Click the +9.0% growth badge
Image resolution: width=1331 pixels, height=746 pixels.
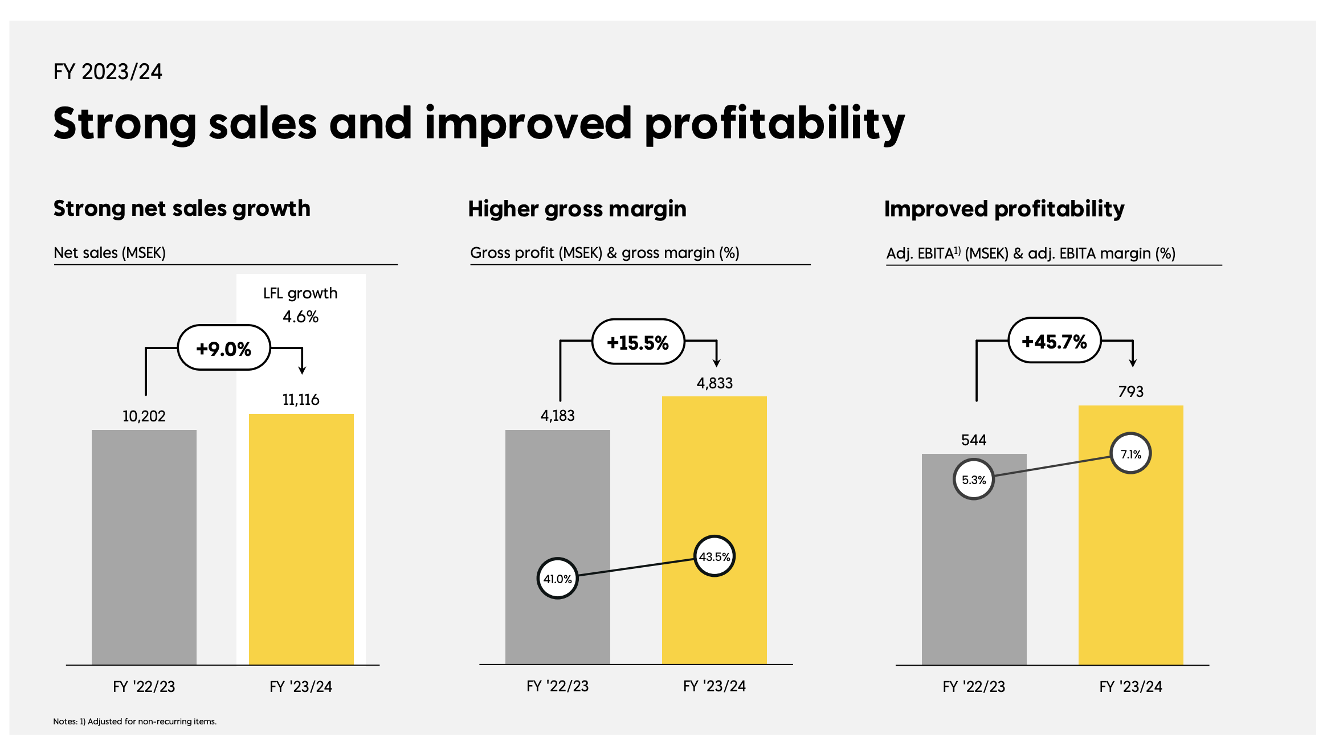pyautogui.click(x=224, y=348)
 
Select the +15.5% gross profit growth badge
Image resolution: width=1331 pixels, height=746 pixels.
pyautogui.click(x=638, y=342)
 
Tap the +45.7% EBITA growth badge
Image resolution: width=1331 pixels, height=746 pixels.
pyautogui.click(x=1054, y=341)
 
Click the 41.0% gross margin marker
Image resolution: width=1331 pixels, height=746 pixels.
pyautogui.click(x=557, y=579)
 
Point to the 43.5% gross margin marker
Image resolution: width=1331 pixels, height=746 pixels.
pyautogui.click(x=715, y=556)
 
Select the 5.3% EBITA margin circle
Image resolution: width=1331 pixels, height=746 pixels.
pyautogui.click(x=974, y=479)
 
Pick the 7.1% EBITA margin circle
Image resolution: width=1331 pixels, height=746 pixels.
pyautogui.click(x=1131, y=454)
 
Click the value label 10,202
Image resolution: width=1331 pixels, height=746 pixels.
pyautogui.click(x=144, y=416)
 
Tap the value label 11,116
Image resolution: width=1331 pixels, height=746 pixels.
pyautogui.click(x=301, y=400)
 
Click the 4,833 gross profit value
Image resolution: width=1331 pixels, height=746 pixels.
pyautogui.click(x=715, y=383)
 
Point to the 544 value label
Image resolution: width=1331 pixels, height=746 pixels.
pyautogui.click(x=974, y=440)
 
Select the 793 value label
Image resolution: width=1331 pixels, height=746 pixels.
pyautogui.click(x=1131, y=392)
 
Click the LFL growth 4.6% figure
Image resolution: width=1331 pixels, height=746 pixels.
pyautogui.click(x=301, y=317)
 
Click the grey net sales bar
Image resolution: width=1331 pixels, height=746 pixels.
pyautogui.click(x=144, y=547)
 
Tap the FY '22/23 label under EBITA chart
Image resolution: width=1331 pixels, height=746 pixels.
pyautogui.click(x=974, y=687)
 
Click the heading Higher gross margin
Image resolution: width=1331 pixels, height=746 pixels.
pyautogui.click(x=577, y=209)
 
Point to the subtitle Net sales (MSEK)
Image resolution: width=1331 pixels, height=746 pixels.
pyautogui.click(x=109, y=253)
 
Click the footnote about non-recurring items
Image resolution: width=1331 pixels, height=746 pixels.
pyautogui.click(x=135, y=722)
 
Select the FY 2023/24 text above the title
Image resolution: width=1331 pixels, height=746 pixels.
pyautogui.click(x=108, y=72)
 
